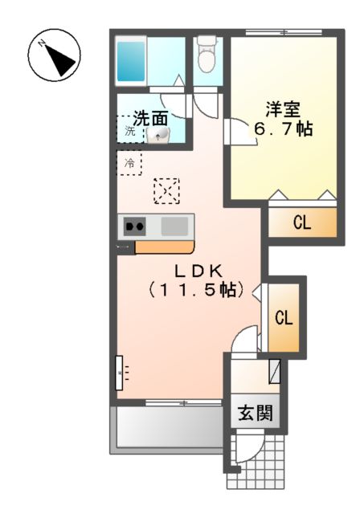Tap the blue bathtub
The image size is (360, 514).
[129, 59]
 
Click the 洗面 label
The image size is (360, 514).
[150, 116]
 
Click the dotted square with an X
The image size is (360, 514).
[166, 190]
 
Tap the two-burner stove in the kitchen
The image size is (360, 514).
[134, 226]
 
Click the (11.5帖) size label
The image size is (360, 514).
[195, 290]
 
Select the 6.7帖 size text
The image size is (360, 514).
[284, 128]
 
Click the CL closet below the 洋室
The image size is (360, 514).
[301, 223]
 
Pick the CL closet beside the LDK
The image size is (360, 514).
[284, 317]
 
